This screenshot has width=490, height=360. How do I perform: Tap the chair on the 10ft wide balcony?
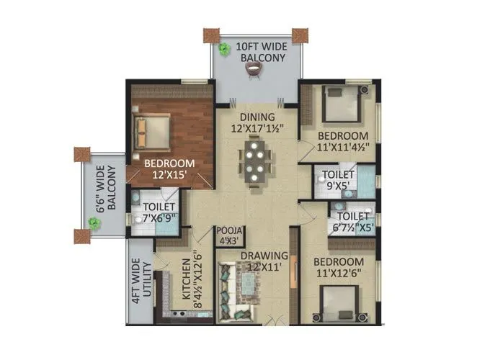253,68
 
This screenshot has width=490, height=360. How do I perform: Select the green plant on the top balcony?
223,49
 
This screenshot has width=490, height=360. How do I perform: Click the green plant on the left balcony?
94,224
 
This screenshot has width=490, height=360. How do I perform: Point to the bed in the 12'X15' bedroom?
153,130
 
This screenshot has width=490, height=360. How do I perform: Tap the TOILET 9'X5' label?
337,179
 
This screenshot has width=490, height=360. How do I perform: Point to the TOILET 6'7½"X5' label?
353,220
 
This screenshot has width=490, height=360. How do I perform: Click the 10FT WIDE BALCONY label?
256,52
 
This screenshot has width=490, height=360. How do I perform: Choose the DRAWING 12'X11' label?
254,261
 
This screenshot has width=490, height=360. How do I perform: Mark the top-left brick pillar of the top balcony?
210,35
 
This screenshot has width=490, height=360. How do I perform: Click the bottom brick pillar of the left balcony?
81,235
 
